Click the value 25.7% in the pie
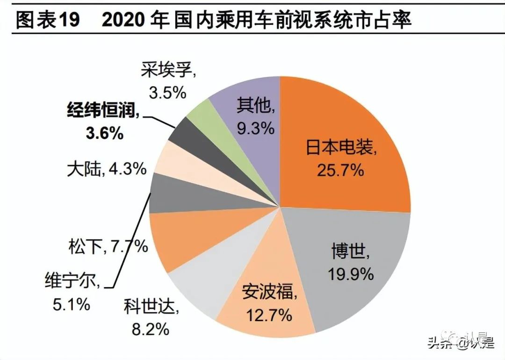[x=340, y=170]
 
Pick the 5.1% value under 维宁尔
[x=71, y=305]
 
